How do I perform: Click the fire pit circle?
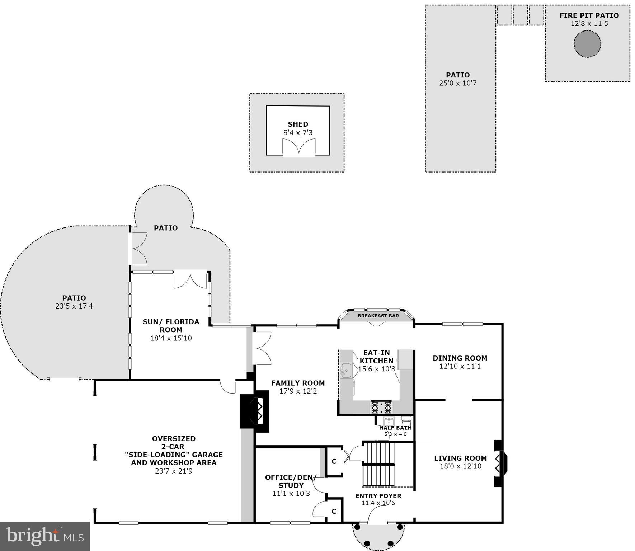[587, 44]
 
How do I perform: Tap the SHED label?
[298, 124]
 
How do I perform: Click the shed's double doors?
[298, 148]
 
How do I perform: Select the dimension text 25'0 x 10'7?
[458, 83]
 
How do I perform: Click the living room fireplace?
[500, 463]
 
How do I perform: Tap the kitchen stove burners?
[381, 408]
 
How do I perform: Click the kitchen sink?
[346, 369]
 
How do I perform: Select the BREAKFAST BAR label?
[378, 316]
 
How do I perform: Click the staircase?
[378, 464]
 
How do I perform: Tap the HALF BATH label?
[395, 428]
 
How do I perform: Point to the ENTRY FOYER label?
[378, 496]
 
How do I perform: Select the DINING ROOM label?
[460, 358]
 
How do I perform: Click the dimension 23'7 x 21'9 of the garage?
[174, 471]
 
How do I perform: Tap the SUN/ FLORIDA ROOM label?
[171, 326]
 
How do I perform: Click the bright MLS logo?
[44, 536]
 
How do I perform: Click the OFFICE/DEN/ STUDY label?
[291, 481]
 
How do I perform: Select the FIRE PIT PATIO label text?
[589, 15]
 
